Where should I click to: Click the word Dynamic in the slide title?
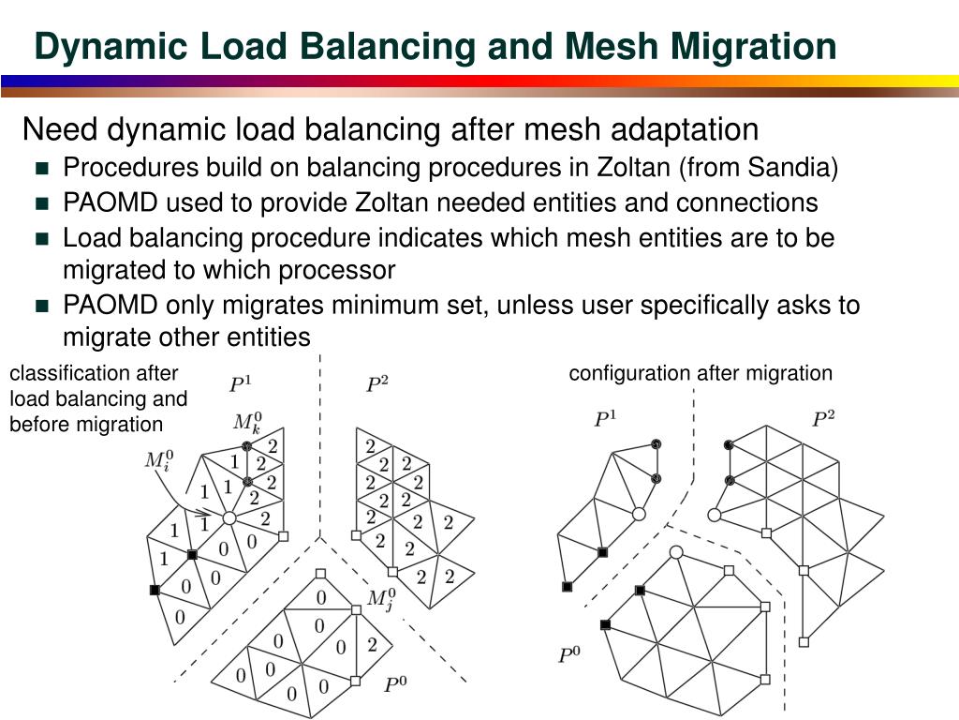pos(102,46)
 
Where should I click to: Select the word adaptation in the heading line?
pos(686,129)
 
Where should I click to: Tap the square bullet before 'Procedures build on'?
pos(41,170)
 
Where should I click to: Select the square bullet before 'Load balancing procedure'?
pos(41,239)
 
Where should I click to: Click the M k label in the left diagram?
pos(247,421)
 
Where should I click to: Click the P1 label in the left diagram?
pos(241,383)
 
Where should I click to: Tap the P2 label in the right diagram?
pos(822,418)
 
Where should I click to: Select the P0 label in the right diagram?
pos(568,654)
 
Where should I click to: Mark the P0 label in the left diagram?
pos(395,684)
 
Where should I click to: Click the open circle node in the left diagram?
pos(229,517)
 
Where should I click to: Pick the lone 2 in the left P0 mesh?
pos(372,644)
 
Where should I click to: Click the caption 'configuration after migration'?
pos(700,373)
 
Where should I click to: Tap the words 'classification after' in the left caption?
pos(93,373)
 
